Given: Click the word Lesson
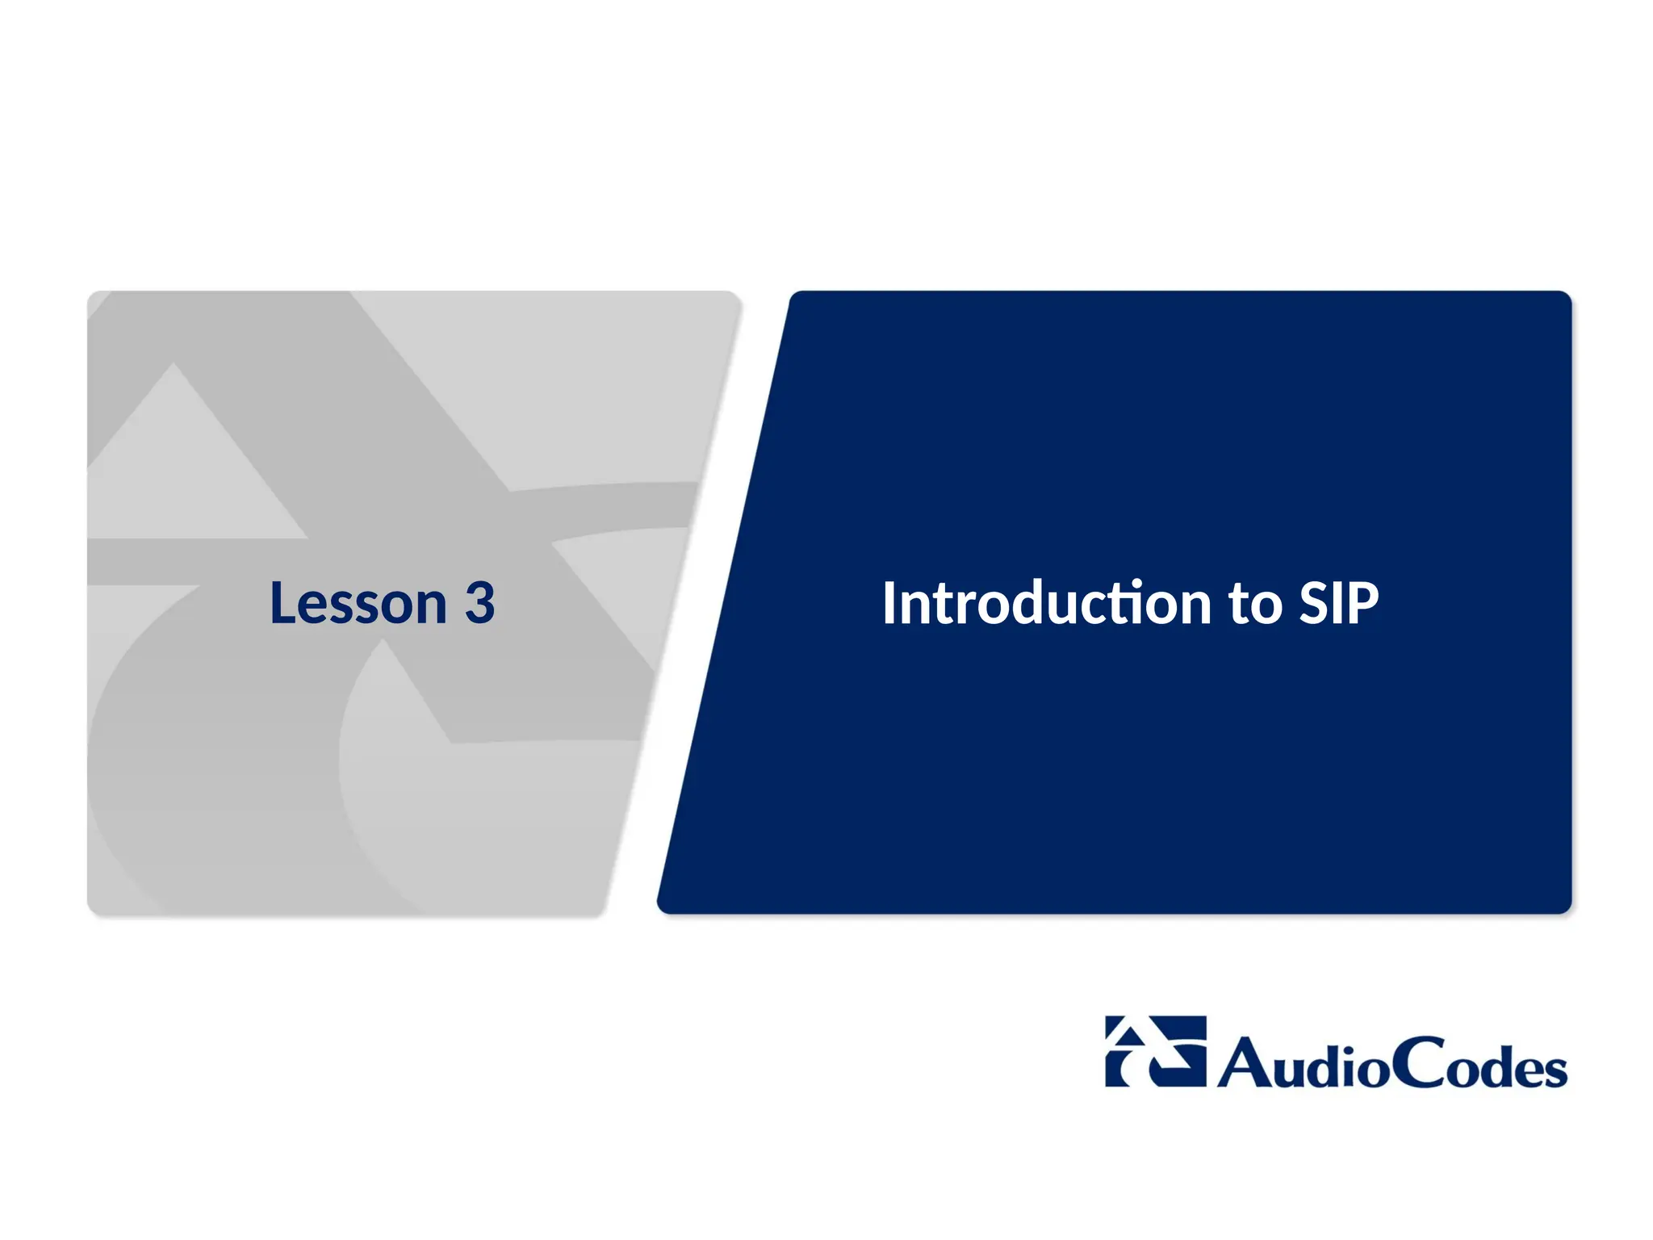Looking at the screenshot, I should [358, 603].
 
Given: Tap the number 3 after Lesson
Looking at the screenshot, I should [479, 603].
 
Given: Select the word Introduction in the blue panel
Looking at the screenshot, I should [1046, 603].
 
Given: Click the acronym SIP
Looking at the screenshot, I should [1338, 603].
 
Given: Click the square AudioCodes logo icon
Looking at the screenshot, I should [1155, 1051].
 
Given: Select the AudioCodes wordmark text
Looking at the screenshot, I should [1392, 1062].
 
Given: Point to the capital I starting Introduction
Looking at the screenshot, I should [889, 603].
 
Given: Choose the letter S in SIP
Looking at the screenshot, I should [1315, 603].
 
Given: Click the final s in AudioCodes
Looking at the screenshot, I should [1554, 1070].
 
